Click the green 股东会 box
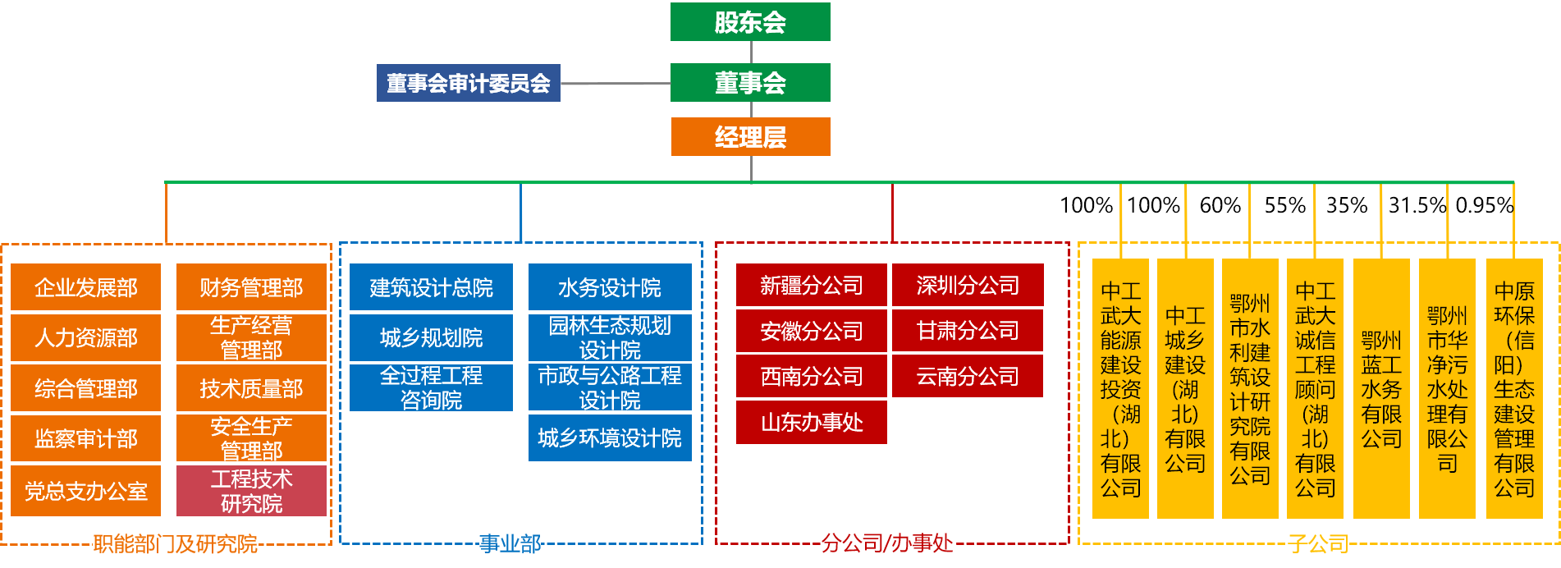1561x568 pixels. pyautogui.click(x=750, y=22)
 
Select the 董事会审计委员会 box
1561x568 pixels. pyautogui.click(x=468, y=83)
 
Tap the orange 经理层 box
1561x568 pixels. pyautogui.click(x=750, y=136)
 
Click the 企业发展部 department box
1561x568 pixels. pyautogui.click(x=86, y=287)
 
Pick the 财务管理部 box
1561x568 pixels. pyautogui.click(x=251, y=287)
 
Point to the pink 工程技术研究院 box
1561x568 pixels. pyautogui.click(x=251, y=491)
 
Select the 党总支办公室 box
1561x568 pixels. pyautogui.click(x=86, y=491)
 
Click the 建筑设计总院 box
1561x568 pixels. pyautogui.click(x=431, y=287)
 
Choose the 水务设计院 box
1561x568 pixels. pyautogui.click(x=610, y=287)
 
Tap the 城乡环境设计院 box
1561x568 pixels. pyautogui.click(x=610, y=438)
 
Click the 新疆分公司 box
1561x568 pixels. pyautogui.click(x=812, y=286)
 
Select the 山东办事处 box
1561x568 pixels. pyautogui.click(x=812, y=422)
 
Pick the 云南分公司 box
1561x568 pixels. pyautogui.click(x=968, y=376)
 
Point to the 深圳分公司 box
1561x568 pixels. pyautogui.click(x=968, y=286)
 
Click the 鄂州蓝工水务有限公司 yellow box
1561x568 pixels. pyautogui.click(x=1381, y=389)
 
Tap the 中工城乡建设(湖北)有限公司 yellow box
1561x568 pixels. pyautogui.click(x=1185, y=389)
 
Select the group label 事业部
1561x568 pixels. pyautogui.click(x=510, y=543)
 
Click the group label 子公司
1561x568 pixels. pyautogui.click(x=1318, y=543)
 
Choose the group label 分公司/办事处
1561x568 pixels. pyautogui.click(x=887, y=543)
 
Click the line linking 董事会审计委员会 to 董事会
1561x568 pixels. pyautogui.click(x=616, y=84)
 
